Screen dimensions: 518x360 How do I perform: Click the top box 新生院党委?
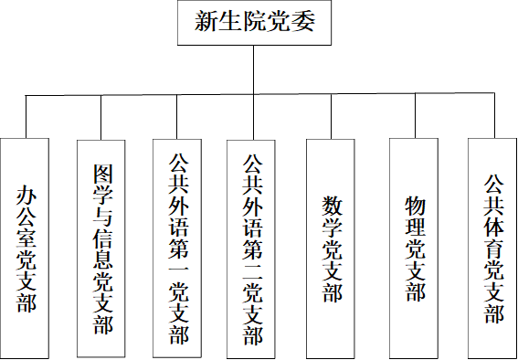pyautogui.click(x=253, y=23)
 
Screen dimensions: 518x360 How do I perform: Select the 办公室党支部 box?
pyautogui.click(x=26, y=247)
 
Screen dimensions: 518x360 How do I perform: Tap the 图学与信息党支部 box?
pyautogui.click(x=100, y=248)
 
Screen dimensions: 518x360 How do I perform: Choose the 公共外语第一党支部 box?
pyautogui.click(x=176, y=248)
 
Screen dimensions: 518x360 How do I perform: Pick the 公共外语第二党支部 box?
pyautogui.click(x=252, y=248)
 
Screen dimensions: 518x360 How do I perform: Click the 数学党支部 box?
pyautogui.click(x=330, y=248)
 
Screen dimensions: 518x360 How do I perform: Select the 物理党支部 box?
pyautogui.click(x=415, y=246)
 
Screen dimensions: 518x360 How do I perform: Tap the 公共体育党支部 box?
pyautogui.click(x=492, y=247)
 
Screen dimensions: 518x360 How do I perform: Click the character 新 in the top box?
pyautogui.click(x=206, y=23)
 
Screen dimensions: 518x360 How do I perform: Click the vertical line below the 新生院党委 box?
pyautogui.click(x=252, y=69)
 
